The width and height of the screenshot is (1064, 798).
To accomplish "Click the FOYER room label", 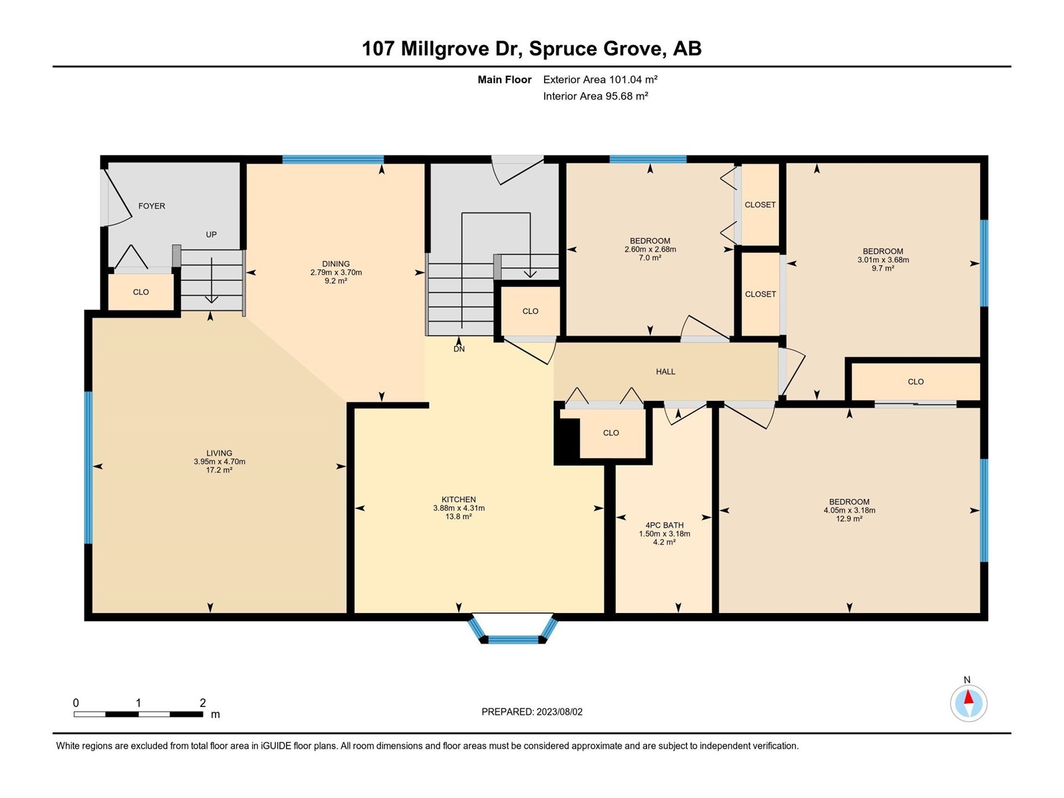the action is [x=152, y=206].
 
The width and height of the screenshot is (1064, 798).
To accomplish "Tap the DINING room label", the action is [x=336, y=264].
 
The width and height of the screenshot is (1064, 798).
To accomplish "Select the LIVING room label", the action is [x=219, y=453].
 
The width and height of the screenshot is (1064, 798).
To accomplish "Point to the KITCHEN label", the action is [x=459, y=499].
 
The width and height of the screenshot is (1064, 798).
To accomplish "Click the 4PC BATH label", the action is [x=664, y=525].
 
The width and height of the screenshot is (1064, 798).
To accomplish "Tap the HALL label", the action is [x=666, y=372].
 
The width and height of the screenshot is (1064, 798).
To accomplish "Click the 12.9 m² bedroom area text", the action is [x=849, y=519].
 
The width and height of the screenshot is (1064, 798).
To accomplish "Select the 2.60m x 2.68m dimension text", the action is [x=650, y=249].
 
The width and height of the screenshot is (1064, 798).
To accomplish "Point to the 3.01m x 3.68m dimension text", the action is [x=883, y=260].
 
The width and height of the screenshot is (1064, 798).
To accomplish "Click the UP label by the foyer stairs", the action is [x=211, y=235].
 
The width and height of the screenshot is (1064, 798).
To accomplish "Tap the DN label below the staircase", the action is [x=459, y=349].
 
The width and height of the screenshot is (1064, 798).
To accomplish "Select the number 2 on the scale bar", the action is [x=203, y=702].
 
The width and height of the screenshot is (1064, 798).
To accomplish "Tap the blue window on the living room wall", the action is [x=88, y=467].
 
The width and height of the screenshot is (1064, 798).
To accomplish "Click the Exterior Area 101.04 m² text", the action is [x=600, y=79].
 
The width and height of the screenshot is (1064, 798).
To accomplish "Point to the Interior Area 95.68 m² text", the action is [x=596, y=96].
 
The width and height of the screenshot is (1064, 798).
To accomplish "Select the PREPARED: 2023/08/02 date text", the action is [x=532, y=712].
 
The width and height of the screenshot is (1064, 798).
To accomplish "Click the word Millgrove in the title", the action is [x=444, y=49].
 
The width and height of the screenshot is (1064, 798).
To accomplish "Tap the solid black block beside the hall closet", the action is [x=567, y=438].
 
